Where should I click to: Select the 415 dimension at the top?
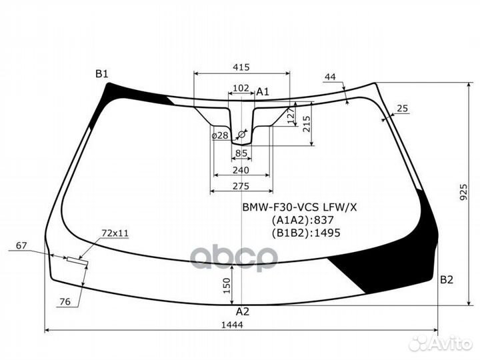(241, 67)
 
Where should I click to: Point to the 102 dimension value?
(241, 88)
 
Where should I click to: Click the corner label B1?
(101, 74)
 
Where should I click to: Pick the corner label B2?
(447, 279)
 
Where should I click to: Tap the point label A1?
(263, 92)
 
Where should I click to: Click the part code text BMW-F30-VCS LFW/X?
(299, 207)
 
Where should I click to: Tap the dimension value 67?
(21, 246)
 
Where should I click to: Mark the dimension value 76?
(65, 302)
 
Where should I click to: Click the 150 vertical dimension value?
(227, 285)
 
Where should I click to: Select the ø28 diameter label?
(219, 135)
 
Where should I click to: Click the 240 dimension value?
(241, 169)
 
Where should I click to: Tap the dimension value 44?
(330, 77)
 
